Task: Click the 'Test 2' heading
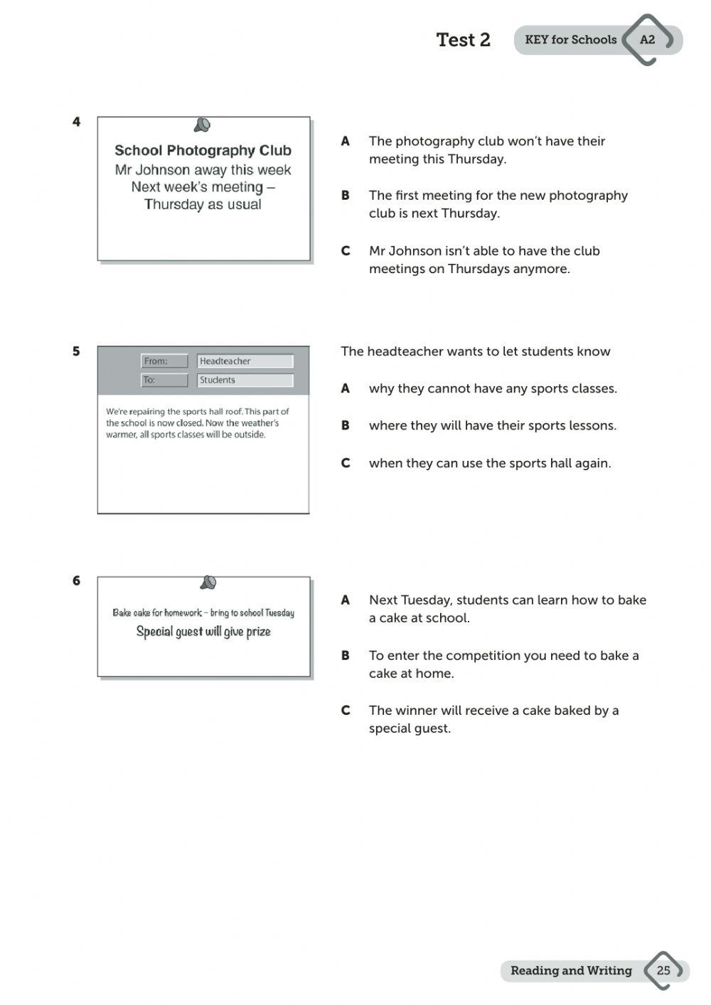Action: pos(463,40)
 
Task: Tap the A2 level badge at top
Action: pos(647,40)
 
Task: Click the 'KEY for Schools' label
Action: pos(570,40)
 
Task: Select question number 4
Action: pos(77,122)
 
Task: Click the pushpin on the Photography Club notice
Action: pos(203,126)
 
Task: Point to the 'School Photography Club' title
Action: pos(203,151)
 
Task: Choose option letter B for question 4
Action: pos(346,196)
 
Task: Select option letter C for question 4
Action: pos(346,251)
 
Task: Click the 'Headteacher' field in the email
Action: pos(245,361)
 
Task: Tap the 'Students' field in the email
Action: pos(245,381)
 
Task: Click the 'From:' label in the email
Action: pos(164,361)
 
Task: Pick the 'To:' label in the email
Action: pos(164,381)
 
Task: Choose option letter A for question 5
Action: pos(346,388)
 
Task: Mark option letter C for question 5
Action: pos(346,463)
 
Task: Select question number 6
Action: pos(77,581)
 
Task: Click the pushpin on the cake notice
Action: pos(208,583)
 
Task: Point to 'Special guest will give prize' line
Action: pos(203,632)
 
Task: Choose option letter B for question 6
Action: pos(346,656)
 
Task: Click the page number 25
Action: pos(663,970)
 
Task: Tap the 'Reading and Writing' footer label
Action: pos(571,971)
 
